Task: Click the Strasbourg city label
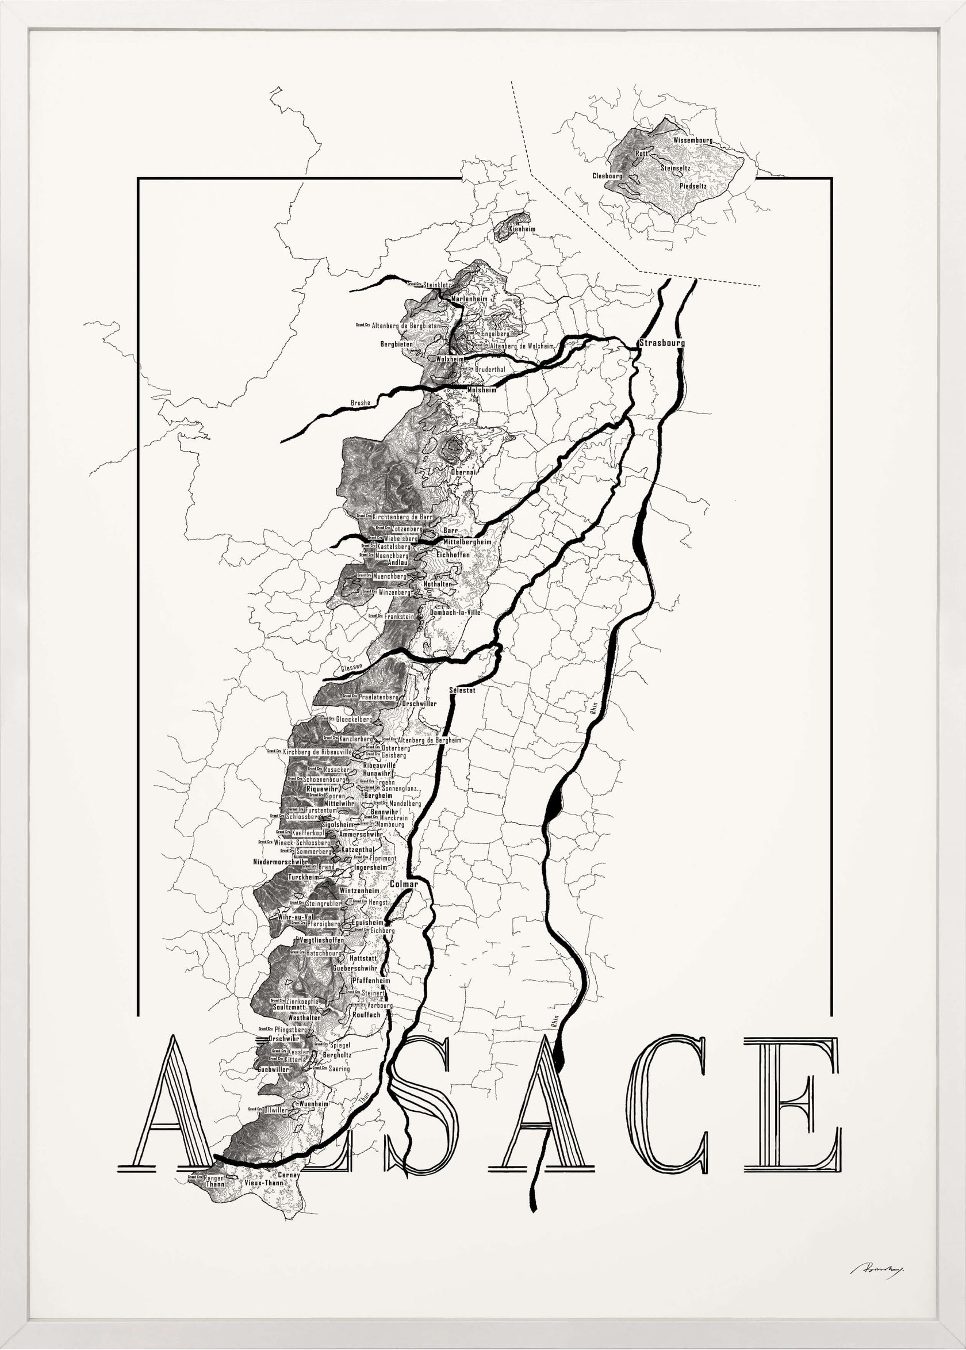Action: coord(662,343)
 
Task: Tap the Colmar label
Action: coord(404,884)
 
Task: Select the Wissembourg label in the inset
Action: coord(693,140)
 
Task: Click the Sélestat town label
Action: coord(463,690)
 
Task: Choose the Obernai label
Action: coord(463,472)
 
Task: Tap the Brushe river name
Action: coord(361,403)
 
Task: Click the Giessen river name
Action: coord(351,668)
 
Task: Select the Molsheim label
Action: coord(482,391)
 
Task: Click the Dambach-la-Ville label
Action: coord(455,612)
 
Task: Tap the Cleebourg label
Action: coord(607,176)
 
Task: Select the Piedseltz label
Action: coord(693,186)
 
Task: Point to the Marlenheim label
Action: coord(469,299)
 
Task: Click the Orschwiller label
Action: coord(419,704)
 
